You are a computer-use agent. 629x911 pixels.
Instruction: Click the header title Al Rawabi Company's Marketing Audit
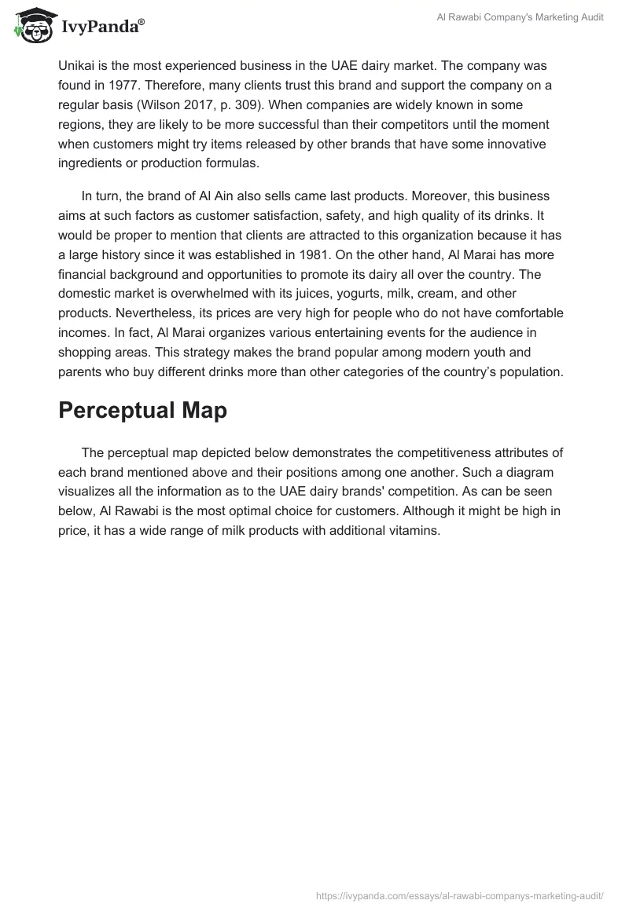tap(520, 18)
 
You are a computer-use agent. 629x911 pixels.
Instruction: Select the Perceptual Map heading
tap(142, 411)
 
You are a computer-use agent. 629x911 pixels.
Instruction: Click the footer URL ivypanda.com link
tap(459, 895)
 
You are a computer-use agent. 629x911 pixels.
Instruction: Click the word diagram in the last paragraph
tap(531, 472)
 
